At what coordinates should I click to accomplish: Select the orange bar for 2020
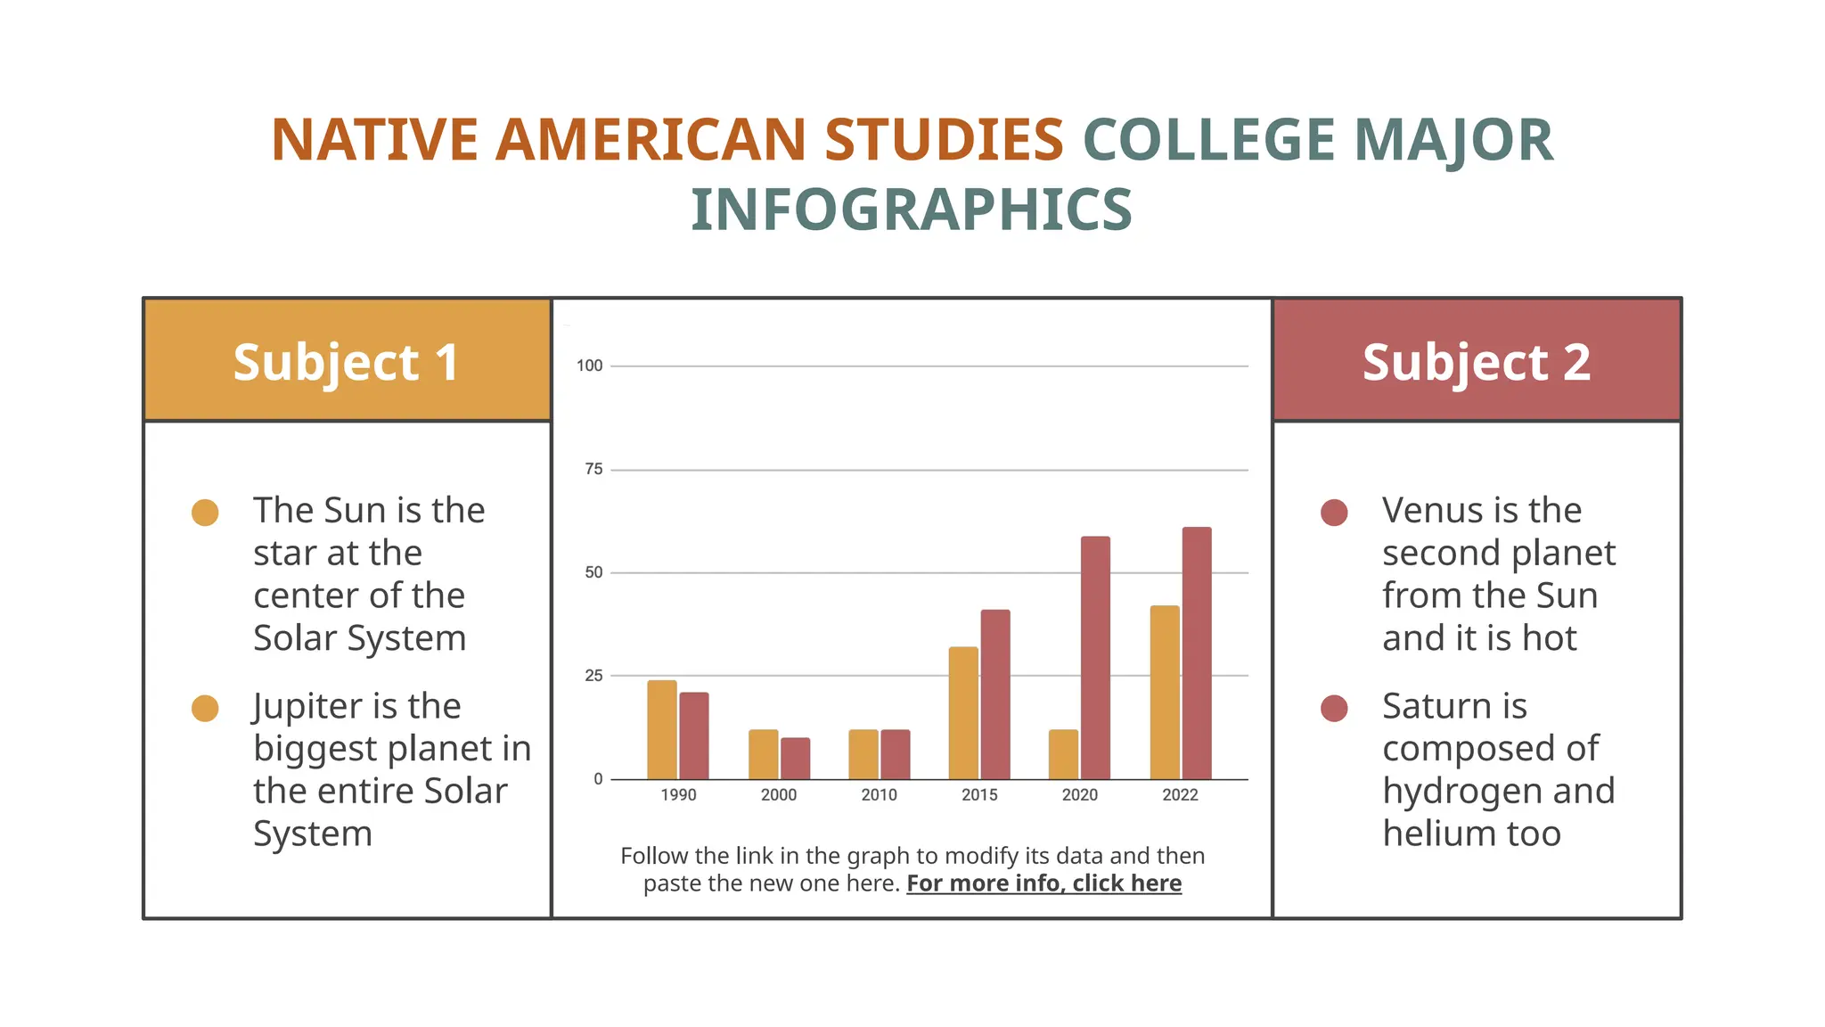click(x=1063, y=754)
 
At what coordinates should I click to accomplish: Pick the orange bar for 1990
click(x=662, y=730)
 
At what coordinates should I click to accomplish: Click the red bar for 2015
click(x=995, y=694)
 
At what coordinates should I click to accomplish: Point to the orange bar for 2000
click(x=763, y=754)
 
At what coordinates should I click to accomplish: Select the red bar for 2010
click(x=896, y=754)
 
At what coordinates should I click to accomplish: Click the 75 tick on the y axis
click(x=593, y=469)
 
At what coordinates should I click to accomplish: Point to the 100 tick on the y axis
click(x=590, y=366)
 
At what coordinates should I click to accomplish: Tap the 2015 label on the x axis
click(x=979, y=794)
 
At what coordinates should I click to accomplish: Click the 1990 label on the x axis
click(x=678, y=794)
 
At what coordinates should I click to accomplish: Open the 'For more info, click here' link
click(x=1043, y=883)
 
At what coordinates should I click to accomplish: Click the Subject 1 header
click(x=347, y=362)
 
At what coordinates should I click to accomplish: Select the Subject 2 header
click(x=1477, y=362)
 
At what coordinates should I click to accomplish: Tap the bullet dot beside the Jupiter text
click(x=205, y=709)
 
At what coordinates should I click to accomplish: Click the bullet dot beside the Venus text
click(x=1334, y=513)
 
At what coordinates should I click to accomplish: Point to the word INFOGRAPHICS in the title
click(x=912, y=210)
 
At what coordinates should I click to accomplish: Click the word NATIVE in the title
click(x=375, y=140)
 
